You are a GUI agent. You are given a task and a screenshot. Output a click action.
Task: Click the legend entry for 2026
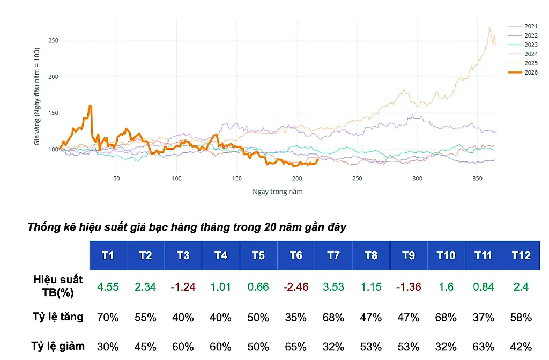(522, 72)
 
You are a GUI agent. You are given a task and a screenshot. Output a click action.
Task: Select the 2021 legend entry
(522, 26)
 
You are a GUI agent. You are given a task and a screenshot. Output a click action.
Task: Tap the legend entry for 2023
(522, 45)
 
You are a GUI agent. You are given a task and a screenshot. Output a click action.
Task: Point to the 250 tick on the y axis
(53, 40)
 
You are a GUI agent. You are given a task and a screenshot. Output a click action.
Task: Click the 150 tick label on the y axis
(53, 113)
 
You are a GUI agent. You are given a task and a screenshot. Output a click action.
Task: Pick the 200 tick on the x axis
(297, 178)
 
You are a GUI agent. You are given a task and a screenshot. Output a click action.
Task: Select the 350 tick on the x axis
(477, 178)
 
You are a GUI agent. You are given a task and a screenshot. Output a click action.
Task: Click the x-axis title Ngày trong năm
(278, 192)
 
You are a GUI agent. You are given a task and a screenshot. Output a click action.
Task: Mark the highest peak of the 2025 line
(489, 27)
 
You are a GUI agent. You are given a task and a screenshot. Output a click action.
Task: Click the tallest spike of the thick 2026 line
(90, 105)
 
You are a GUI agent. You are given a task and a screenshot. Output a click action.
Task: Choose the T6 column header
(296, 255)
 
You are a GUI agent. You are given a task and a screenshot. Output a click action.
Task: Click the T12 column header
(521, 255)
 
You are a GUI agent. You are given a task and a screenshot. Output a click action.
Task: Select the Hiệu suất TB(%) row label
(58, 285)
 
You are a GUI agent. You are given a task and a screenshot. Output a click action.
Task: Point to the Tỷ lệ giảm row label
(58, 347)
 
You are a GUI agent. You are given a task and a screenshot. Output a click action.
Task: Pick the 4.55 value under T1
(108, 286)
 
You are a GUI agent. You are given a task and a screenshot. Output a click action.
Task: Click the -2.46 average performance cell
(296, 286)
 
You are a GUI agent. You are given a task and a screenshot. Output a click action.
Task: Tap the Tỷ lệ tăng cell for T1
(108, 318)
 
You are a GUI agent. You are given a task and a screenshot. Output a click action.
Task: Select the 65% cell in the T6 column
(296, 347)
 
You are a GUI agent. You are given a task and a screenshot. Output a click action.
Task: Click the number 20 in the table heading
(270, 227)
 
